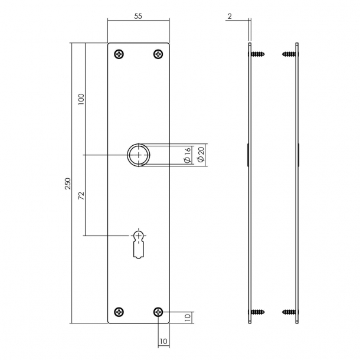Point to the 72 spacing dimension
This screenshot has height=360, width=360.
(81, 195)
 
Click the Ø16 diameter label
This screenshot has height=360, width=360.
(186, 155)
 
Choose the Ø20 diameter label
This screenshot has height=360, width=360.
(200, 155)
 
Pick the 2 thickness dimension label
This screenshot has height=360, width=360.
(228, 17)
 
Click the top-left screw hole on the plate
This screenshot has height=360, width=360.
(120, 54)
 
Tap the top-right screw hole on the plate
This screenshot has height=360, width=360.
(158, 54)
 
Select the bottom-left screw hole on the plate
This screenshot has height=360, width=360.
(120, 312)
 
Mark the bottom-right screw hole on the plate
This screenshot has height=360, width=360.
(158, 312)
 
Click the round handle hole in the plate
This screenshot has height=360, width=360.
(139, 155)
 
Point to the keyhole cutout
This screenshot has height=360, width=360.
(139, 242)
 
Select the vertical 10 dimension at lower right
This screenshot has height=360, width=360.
(186, 318)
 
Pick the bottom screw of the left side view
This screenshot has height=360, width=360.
(258, 312)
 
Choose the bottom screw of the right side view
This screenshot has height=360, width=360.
(289, 312)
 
